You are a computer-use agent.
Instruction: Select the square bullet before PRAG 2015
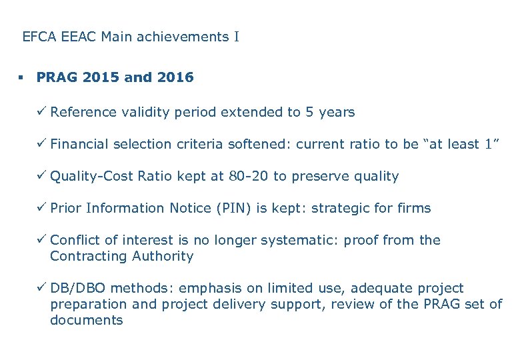pyautogui.click(x=21, y=78)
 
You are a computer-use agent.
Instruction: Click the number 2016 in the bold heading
pyautogui.click(x=175, y=77)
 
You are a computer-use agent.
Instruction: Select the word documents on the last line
pyautogui.click(x=87, y=320)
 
